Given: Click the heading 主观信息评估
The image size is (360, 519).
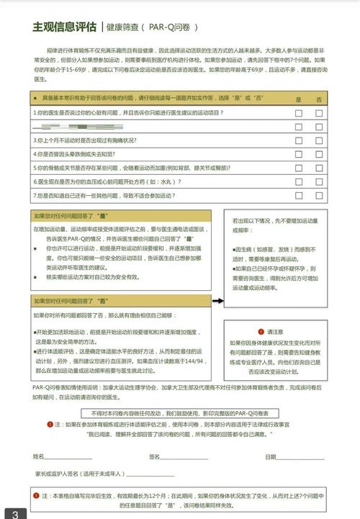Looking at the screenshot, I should (x=64, y=27).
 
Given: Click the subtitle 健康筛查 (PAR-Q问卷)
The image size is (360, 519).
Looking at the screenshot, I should (x=151, y=28).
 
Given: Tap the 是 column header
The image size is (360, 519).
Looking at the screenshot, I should (x=299, y=99).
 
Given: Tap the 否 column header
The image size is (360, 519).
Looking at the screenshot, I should (x=319, y=99).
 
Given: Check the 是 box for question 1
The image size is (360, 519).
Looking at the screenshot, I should (x=299, y=113).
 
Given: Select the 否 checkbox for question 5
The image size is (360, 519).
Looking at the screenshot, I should (x=319, y=168).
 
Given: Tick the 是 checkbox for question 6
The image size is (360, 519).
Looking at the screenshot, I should (x=299, y=181).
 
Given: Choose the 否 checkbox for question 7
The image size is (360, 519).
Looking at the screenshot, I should (x=319, y=195).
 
